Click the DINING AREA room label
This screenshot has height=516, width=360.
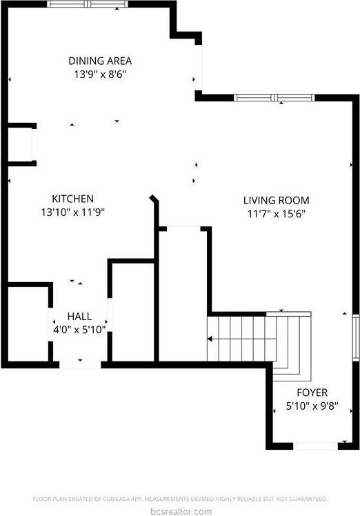coord(100,61)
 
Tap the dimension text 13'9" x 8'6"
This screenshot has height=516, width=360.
coord(100,74)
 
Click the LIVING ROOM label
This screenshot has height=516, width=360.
coord(275,200)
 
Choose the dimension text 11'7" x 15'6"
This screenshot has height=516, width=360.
coord(275,213)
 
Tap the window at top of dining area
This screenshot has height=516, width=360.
coord(88,4)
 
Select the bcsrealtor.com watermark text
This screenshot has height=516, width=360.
coord(180,511)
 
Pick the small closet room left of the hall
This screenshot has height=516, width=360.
coord(28,323)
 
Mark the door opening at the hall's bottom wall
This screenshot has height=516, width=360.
coord(79,363)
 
